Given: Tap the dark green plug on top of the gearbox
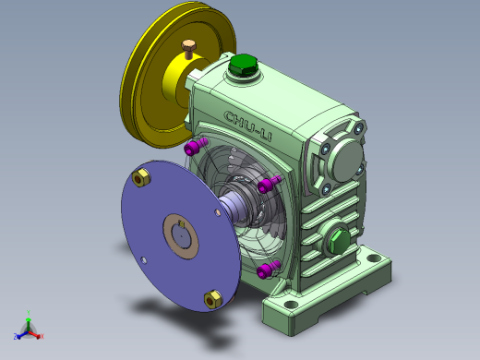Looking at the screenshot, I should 245,66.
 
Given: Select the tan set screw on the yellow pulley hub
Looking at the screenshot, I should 190,47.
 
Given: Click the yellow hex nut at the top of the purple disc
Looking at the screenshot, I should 142,177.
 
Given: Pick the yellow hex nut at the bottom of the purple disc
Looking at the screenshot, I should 211,297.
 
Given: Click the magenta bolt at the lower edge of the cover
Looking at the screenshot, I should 267,269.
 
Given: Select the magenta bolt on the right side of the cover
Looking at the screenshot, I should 269,185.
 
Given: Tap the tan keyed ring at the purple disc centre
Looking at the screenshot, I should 182,235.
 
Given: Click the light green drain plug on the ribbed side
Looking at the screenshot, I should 337,243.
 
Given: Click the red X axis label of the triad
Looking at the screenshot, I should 42,338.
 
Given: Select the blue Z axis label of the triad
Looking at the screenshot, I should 16,336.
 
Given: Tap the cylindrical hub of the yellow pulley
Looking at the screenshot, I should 181,83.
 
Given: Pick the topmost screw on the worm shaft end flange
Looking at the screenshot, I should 353,130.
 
